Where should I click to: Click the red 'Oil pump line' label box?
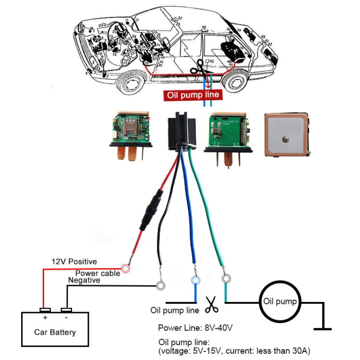click(x=193, y=95)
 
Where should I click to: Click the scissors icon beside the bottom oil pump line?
click(x=211, y=304)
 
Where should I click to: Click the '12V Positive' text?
click(x=74, y=262)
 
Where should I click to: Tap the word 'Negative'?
click(x=84, y=280)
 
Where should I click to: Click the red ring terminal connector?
click(x=126, y=269)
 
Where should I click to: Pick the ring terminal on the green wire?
click(x=226, y=278)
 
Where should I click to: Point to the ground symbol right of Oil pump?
click(x=322, y=327)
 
